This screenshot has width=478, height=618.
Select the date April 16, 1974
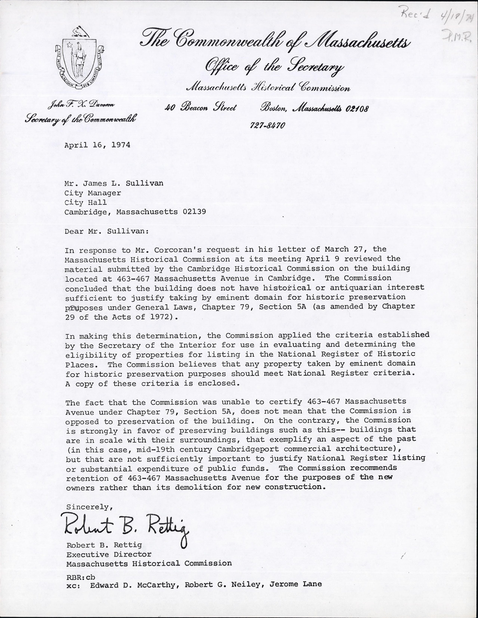tap(97, 145)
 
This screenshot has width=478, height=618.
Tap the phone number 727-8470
tap(267, 125)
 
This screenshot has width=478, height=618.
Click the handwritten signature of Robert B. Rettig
tap(126, 526)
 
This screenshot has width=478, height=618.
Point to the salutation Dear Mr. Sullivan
tap(105, 231)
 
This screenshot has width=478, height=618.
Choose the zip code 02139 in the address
tap(192, 212)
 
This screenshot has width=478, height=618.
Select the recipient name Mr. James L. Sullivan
tap(114, 183)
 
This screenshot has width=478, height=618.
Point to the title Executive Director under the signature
tap(109, 555)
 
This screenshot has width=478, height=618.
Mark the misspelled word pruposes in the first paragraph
tap(82, 307)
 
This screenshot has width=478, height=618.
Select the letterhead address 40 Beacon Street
tap(201, 109)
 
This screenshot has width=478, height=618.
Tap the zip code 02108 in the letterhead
tap(357, 109)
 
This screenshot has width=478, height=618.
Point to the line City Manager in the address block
tap(93, 193)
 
